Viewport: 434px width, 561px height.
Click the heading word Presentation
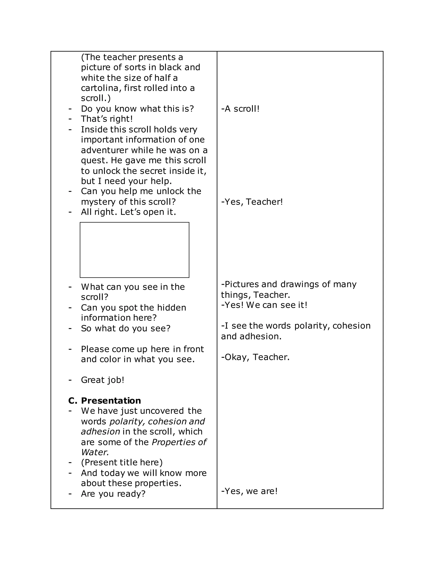click(111, 401)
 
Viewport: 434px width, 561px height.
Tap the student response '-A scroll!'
click(240, 109)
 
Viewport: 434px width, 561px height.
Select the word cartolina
click(100, 88)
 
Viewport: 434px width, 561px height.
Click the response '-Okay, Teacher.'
click(255, 357)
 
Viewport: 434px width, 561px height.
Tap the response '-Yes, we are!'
click(249, 491)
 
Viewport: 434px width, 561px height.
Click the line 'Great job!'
click(103, 380)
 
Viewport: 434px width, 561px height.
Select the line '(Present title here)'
click(122, 462)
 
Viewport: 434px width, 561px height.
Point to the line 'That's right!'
click(107, 119)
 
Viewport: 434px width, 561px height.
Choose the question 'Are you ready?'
click(113, 494)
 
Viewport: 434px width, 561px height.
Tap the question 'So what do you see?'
click(125, 328)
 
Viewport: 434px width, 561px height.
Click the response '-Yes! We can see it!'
click(264, 305)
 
